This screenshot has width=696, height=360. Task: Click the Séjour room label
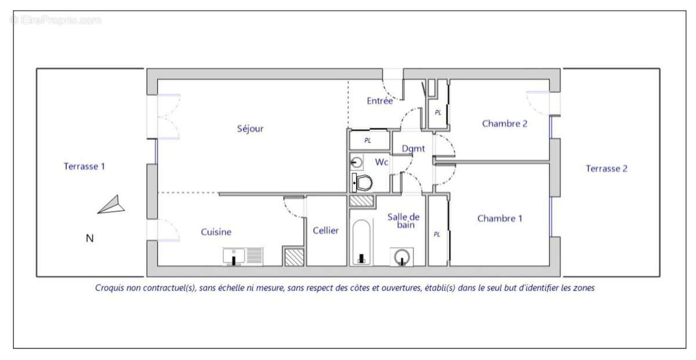[250, 129]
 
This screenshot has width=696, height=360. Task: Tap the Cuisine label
[216, 232]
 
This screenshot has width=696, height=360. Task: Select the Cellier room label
[325, 231]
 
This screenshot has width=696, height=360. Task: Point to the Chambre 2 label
[505, 123]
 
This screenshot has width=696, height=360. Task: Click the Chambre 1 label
[499, 219]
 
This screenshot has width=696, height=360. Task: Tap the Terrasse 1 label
[84, 166]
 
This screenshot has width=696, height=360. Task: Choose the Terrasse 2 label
[607, 169]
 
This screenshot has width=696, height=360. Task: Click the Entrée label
[380, 101]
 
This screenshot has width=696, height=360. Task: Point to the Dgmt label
[413, 148]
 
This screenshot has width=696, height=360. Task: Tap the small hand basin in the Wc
[356, 162]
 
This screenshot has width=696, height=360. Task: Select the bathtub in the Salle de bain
[361, 242]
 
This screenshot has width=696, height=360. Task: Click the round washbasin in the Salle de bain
[402, 257]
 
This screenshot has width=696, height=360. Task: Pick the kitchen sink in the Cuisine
[243, 257]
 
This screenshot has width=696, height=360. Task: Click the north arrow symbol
[111, 205]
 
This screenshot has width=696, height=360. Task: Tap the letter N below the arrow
[89, 238]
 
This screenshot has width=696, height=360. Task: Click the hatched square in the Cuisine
[294, 257]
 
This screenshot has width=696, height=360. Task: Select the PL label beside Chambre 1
[437, 234]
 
